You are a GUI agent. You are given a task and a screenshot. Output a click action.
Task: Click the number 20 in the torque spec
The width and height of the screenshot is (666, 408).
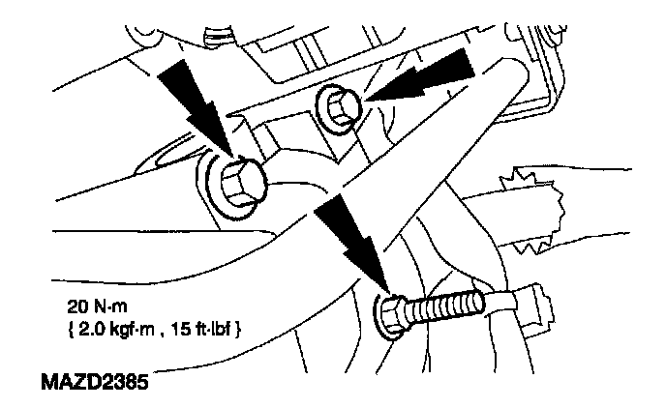tap(77, 306)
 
